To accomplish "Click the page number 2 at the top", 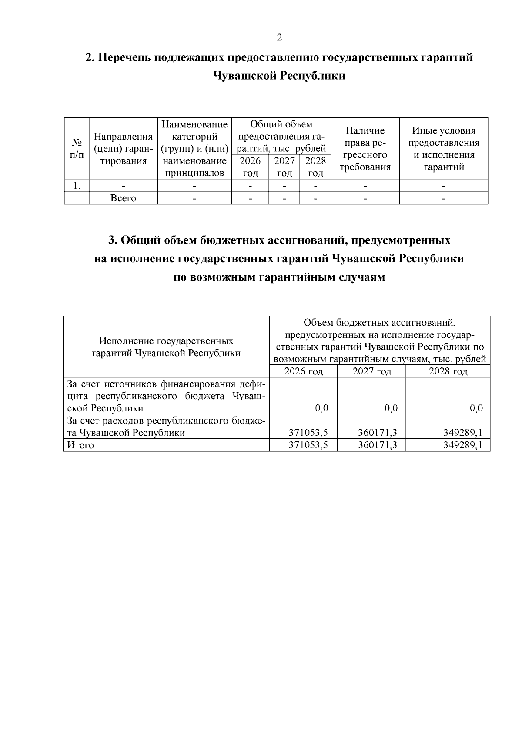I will pos(279,37).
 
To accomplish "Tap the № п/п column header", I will pos(77,148).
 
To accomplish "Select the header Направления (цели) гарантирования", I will pos(123,148).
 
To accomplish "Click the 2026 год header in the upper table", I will pos(250,167).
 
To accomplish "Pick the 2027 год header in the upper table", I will pos(284,167).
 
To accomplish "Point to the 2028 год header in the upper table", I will pos(315,167).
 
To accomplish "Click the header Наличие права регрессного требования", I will pos(365,148).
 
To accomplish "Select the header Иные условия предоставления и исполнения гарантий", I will pos(443,148).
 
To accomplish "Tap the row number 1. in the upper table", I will pos(77,186).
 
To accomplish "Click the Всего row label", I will pos(123,198).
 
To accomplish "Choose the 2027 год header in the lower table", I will pos(371,371).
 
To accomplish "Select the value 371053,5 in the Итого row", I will pos(308,445).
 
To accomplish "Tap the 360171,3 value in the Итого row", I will pos(377,445).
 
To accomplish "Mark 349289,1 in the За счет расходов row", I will pos(462,433).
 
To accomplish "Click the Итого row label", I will pos(80,445).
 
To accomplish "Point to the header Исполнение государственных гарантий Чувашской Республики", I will pos(166,347).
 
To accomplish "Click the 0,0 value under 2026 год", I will pos(321,408).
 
